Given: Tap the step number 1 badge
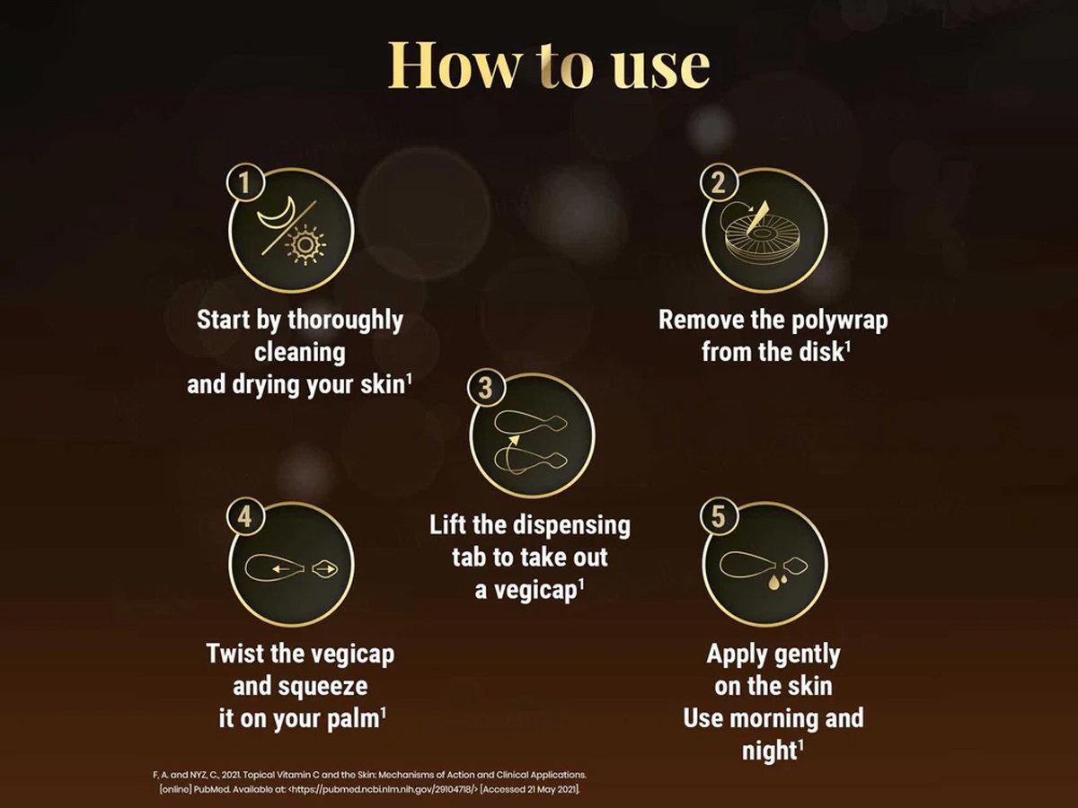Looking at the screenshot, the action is tap(245, 182).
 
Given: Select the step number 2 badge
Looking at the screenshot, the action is tap(719, 182).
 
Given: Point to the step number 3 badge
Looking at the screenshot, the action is tap(485, 388).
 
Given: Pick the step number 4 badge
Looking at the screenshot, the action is tap(245, 516).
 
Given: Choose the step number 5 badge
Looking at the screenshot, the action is tap(719, 516).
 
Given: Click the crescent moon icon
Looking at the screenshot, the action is tap(278, 215).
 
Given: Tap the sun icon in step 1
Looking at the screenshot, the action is tap(306, 245).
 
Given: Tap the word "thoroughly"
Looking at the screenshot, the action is tap(345, 321).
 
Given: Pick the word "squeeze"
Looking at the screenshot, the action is tap(324, 687).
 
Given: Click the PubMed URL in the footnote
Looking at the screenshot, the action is tap(384, 789).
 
